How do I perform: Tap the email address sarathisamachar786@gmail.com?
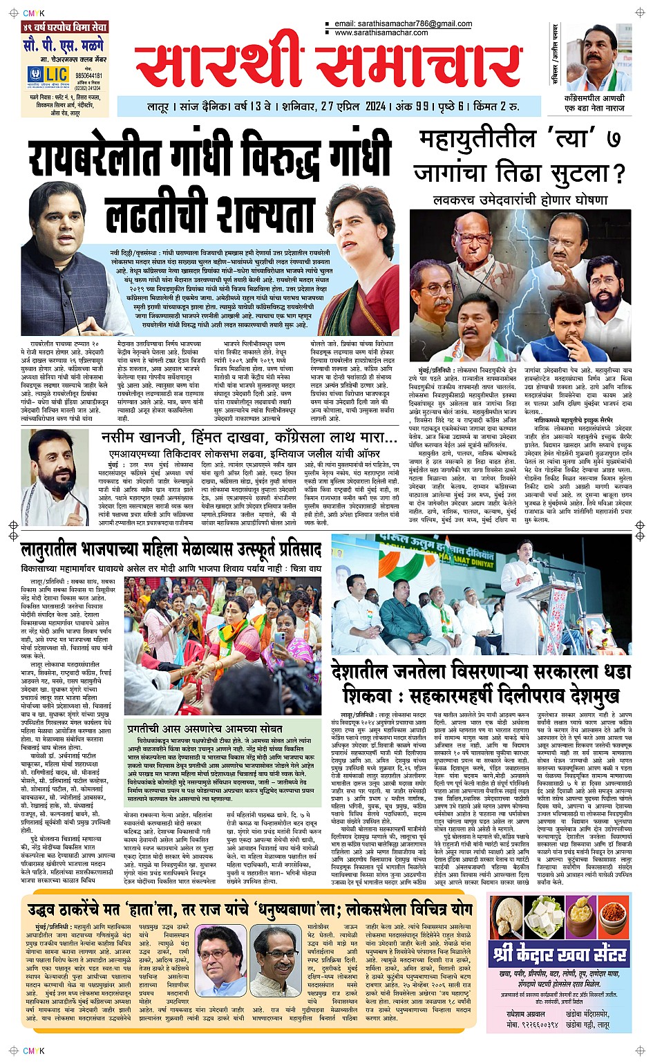click(x=404, y=23)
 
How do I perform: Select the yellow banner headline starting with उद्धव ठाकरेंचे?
click(x=250, y=907)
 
